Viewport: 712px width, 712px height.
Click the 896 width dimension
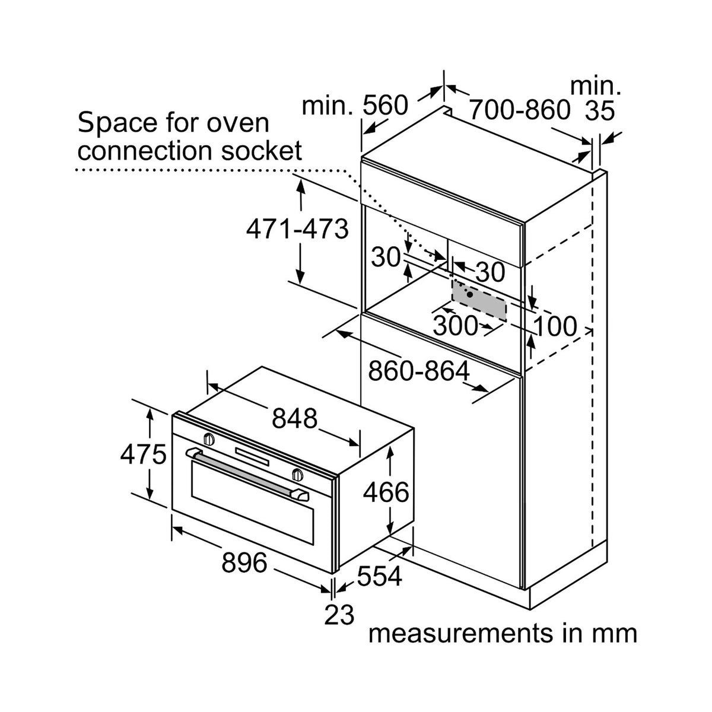click(x=244, y=563)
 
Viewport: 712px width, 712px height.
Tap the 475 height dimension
click(x=144, y=454)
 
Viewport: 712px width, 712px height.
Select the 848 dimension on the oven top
click(x=294, y=418)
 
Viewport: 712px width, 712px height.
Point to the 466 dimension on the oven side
click(x=386, y=492)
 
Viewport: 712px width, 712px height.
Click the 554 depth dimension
click(x=379, y=576)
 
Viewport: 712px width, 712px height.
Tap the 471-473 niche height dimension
click(x=297, y=229)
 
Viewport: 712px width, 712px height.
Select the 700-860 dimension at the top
click(x=520, y=109)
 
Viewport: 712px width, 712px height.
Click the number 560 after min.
click(x=385, y=105)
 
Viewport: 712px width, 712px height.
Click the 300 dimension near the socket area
click(x=455, y=326)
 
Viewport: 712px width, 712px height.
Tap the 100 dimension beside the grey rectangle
click(x=555, y=326)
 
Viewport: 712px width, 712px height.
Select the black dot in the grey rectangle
click(x=469, y=294)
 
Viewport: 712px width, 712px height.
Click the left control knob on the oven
click(x=209, y=438)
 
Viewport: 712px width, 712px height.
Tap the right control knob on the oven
click(x=297, y=474)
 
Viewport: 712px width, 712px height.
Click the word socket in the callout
click(x=262, y=151)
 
